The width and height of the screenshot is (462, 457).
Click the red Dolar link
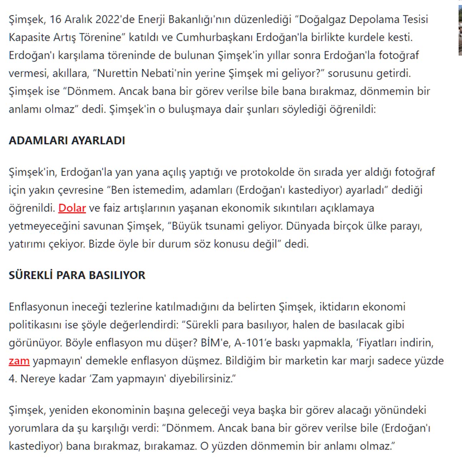[x=72, y=208]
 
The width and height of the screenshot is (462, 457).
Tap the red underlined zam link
[x=19, y=361]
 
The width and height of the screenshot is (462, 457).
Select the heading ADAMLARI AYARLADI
[x=67, y=140]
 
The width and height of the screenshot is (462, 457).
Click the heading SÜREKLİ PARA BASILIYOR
[x=77, y=275]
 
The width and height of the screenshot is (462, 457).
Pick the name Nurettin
[x=118, y=73]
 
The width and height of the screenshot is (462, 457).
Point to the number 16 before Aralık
[x=55, y=19]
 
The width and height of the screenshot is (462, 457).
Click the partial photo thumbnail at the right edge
[x=460, y=30]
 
